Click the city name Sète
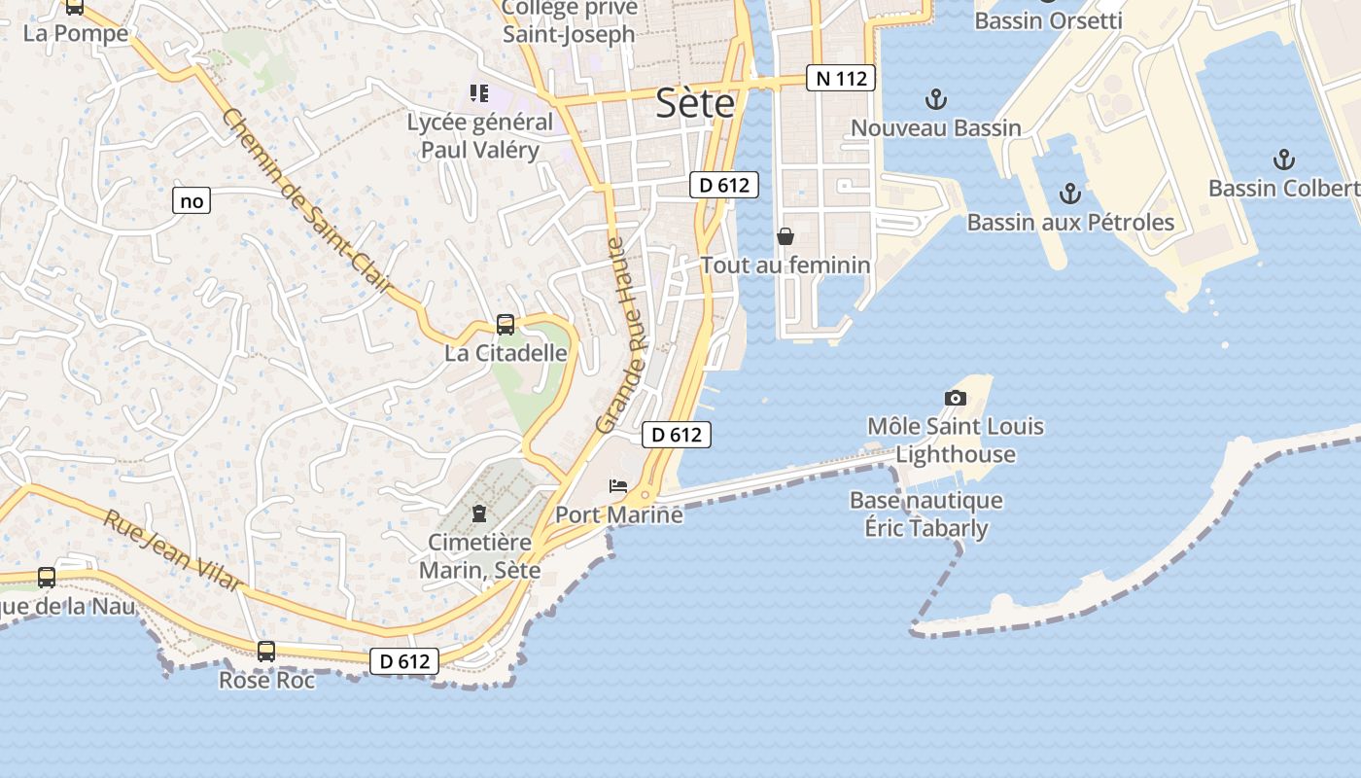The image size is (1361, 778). tap(695, 103)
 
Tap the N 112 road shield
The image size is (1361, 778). tap(841, 78)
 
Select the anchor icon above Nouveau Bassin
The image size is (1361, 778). tap(935, 98)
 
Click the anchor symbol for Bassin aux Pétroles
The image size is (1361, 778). tap(1069, 193)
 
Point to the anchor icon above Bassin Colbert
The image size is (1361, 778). tap(1284, 159)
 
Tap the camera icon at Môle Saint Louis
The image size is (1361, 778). tap(956, 397)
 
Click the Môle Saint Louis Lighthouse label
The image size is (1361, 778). tap(955, 440)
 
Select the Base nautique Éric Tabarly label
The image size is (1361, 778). tap(925, 514)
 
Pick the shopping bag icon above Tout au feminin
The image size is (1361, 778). tap(785, 236)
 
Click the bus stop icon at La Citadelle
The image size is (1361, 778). tap(506, 325)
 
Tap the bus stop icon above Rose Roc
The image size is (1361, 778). tap(266, 652)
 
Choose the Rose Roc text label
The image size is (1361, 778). tap(266, 680)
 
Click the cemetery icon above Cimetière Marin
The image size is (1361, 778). tap(479, 513)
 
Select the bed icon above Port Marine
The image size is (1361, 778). tap(617, 485)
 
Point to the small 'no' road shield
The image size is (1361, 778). tap(192, 201)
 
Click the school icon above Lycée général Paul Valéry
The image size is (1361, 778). tap(478, 93)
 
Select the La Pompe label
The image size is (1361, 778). tap(76, 33)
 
